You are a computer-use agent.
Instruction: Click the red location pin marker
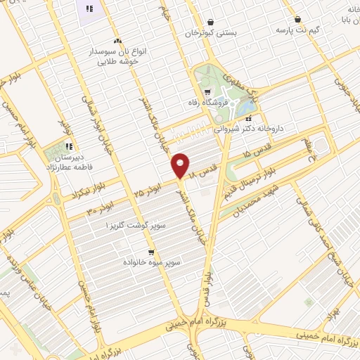[181, 165]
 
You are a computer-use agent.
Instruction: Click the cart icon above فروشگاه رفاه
[207, 91]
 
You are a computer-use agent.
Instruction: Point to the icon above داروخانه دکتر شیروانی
[247, 117]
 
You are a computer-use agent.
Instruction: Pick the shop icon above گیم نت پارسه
[299, 20]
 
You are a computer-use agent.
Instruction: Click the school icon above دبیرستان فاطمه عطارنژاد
[68, 146]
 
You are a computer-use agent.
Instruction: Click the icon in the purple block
[89, 8]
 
